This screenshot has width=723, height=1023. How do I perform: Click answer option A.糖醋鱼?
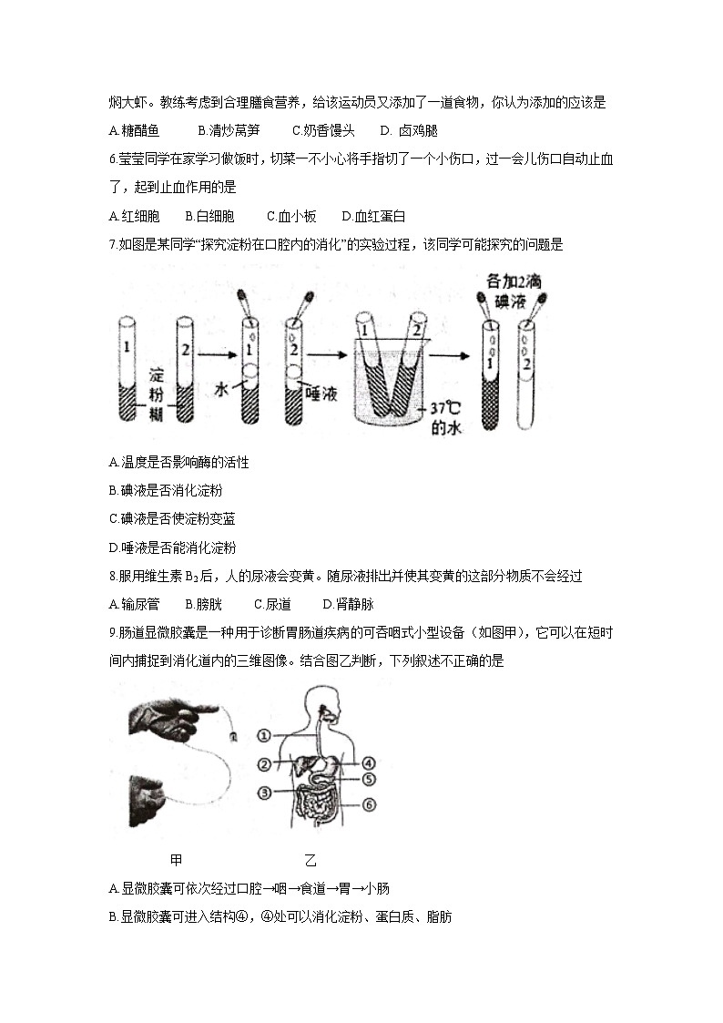133,130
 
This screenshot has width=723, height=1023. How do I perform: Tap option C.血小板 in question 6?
291,216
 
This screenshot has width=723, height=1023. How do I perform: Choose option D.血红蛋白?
373,216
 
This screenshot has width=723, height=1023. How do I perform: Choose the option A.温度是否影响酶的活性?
178,462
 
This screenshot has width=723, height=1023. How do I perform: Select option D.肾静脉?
348,604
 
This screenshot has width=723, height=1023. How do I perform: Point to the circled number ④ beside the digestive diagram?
369,762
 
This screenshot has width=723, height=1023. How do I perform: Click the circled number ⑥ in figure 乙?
369,804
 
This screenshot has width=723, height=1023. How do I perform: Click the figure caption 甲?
176,859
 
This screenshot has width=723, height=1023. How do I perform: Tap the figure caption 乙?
311,859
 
